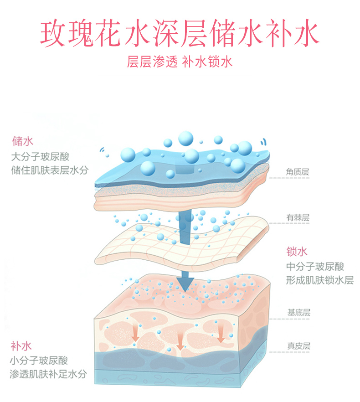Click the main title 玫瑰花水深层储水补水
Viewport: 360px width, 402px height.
[x=180, y=32]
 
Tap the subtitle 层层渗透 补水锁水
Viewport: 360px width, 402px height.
[x=180, y=62]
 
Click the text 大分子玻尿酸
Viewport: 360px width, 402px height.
[x=40, y=157]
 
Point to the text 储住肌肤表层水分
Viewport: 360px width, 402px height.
[x=49, y=170]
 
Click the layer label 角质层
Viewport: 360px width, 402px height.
[x=298, y=172]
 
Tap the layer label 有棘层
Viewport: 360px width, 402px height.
[x=298, y=218]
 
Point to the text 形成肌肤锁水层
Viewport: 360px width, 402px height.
[x=319, y=280]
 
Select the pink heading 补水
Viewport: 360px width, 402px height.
[x=21, y=346]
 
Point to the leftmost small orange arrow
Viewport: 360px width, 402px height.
[x=135, y=335]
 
